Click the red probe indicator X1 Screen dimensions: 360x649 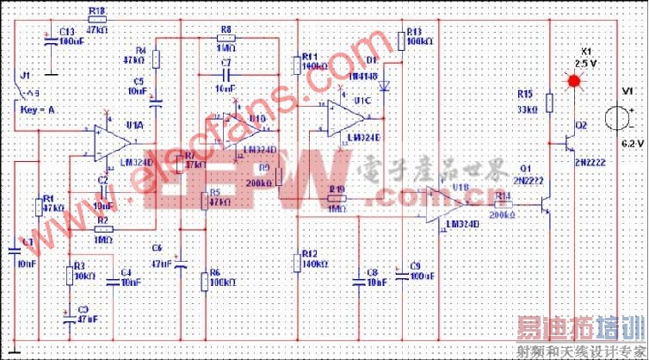pyautogui.click(x=572, y=81)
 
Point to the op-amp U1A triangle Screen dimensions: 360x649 pyautogui.click(x=107, y=142)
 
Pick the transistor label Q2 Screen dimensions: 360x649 pyautogui.click(x=581, y=125)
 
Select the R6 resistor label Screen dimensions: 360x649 pyautogui.click(x=215, y=272)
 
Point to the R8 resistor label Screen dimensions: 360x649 pyautogui.click(x=226, y=29)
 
